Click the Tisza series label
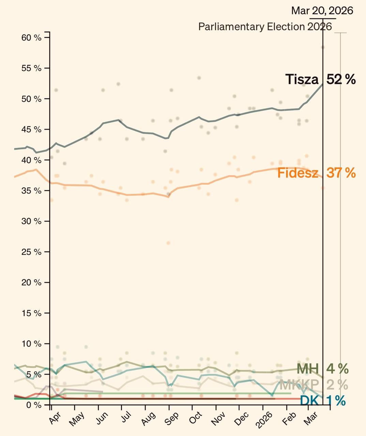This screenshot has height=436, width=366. pos(302,79)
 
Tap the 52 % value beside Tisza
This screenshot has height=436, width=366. pos(341,79)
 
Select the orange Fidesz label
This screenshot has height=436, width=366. pos(298,173)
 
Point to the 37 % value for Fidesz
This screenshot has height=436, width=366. pos(341,173)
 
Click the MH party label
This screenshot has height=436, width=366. pos(308,369)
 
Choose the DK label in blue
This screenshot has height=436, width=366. pos(309,401)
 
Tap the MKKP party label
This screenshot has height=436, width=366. pos(299,385)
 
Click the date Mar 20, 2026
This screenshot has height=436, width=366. pos(322,11)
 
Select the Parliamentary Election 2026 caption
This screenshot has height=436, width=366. pos(265,27)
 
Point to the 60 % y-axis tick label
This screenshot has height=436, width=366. pos(31,37)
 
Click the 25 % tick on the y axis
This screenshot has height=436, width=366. pos(31,252)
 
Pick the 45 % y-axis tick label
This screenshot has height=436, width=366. pos(31,129)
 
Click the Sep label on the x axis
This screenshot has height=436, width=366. pos(171,418)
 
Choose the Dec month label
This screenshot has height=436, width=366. pos(242,419)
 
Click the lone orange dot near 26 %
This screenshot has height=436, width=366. pos(168,243)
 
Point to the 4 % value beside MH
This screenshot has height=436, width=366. pos(337,369)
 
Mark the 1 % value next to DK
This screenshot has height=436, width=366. pos(336,401)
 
